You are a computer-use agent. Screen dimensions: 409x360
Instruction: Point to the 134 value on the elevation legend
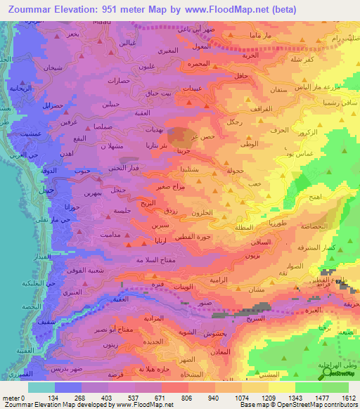pos(53,397)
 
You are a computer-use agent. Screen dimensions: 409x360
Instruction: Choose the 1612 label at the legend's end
pos(349,397)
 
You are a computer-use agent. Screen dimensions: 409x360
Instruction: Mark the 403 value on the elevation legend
pos(108,397)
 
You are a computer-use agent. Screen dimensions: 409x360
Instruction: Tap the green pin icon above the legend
pos(326,376)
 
